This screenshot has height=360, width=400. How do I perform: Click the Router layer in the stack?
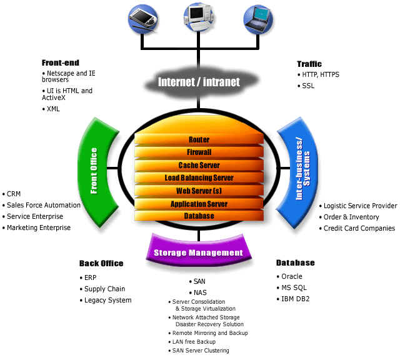tap(199, 139)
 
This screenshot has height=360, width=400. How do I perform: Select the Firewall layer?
tap(199, 152)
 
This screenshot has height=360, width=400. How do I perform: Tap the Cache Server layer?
tap(199, 165)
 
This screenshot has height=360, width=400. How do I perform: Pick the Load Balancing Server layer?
tap(199, 178)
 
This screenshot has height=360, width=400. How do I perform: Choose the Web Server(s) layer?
tap(199, 191)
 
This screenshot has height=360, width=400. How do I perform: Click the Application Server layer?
tap(199, 204)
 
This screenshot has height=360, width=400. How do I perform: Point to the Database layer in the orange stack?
tap(199, 216)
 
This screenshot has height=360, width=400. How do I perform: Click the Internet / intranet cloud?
tap(199, 82)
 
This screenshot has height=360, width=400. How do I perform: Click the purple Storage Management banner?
tap(198, 252)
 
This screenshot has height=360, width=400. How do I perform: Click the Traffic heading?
tap(309, 64)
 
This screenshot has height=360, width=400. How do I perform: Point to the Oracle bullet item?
tap(291, 276)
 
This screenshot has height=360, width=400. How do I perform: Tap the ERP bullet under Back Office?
tap(90, 277)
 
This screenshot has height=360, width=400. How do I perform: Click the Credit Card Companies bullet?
tap(359, 228)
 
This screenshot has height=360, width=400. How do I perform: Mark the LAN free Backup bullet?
tap(193, 342)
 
